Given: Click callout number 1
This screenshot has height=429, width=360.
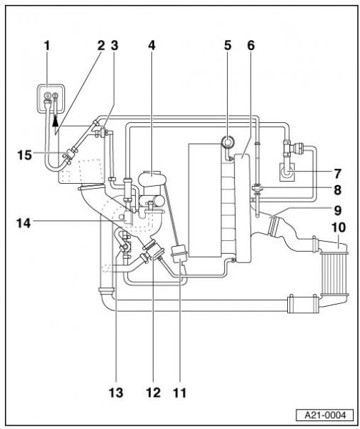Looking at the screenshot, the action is click(x=47, y=46).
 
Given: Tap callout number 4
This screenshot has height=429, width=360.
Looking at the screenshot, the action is click(x=151, y=46).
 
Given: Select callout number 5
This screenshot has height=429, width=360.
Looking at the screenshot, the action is click(x=227, y=46).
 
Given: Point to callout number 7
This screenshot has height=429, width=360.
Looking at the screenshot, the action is click(x=338, y=174).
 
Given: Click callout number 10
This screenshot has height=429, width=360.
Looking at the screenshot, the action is click(x=339, y=227).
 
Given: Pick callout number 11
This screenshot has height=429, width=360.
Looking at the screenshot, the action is click(x=179, y=393).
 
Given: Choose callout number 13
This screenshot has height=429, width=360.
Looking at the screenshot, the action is click(x=116, y=393).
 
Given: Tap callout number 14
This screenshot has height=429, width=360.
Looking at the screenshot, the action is click(x=24, y=223).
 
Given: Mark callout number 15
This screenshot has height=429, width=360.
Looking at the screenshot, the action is click(x=24, y=155).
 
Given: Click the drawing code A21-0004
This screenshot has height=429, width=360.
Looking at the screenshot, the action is click(x=325, y=415).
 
